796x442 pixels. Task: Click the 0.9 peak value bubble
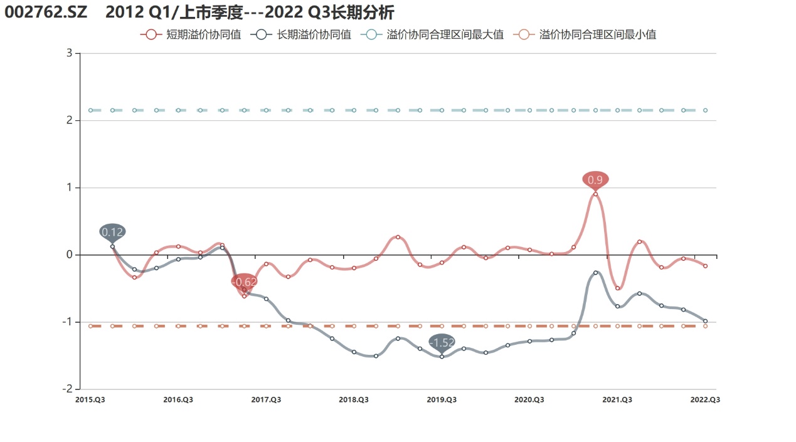click(595, 180)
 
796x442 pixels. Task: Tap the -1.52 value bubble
click(442, 342)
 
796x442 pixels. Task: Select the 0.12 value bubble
click(112, 232)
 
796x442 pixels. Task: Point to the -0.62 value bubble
click(244, 282)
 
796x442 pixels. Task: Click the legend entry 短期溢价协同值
click(191, 35)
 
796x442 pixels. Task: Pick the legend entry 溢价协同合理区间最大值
click(432, 35)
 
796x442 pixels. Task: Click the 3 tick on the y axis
click(69, 53)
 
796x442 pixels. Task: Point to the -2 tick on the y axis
click(67, 389)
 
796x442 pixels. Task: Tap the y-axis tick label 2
click(69, 120)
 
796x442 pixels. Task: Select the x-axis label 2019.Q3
click(442, 399)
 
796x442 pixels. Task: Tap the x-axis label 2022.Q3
click(705, 399)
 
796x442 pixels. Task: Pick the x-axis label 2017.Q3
click(266, 399)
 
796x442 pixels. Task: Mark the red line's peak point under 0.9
click(595, 194)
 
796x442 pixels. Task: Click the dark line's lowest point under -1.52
click(442, 357)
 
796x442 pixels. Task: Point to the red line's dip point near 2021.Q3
click(617, 288)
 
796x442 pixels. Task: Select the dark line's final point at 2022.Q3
click(705, 321)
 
